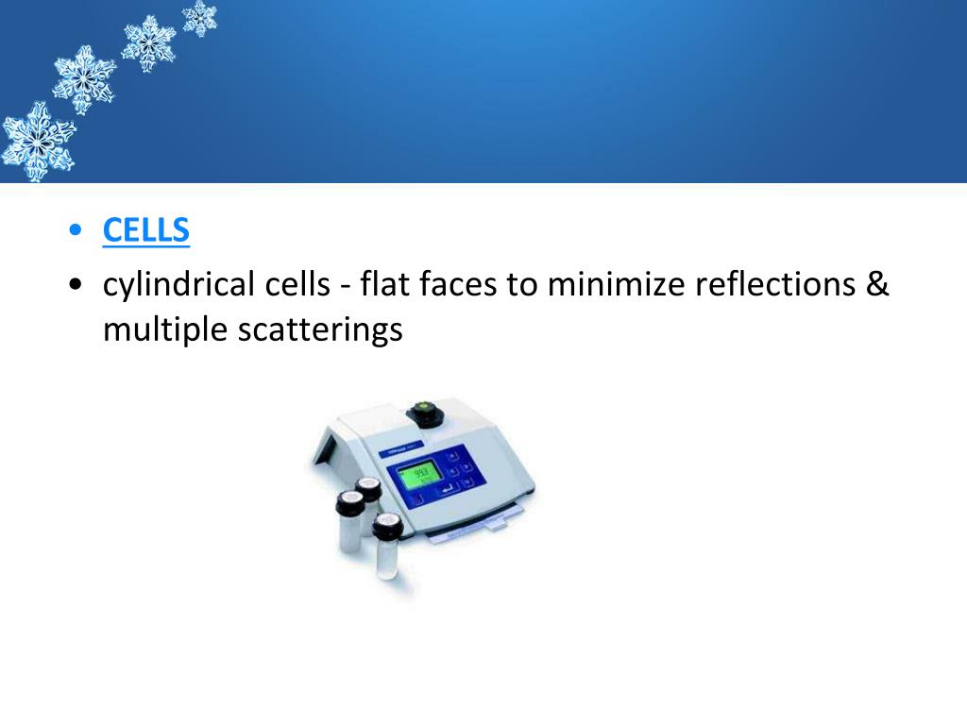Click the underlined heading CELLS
point(146,230)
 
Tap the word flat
point(382,284)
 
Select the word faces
point(456,284)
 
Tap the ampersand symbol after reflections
point(878,284)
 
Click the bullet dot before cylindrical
point(76,285)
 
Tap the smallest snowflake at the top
point(199,17)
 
